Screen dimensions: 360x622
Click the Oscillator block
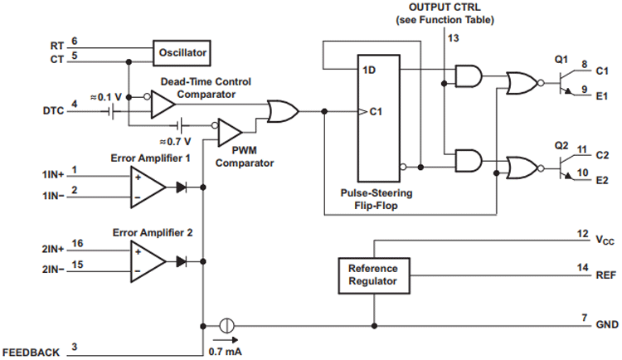pos(181,53)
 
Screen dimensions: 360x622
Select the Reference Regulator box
pos(372,275)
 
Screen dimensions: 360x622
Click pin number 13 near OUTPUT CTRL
pos(452,38)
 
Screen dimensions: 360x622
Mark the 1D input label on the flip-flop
pos(369,71)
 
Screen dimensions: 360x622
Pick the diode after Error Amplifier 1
pos(182,187)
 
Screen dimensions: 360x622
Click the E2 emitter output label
pos(603,179)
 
